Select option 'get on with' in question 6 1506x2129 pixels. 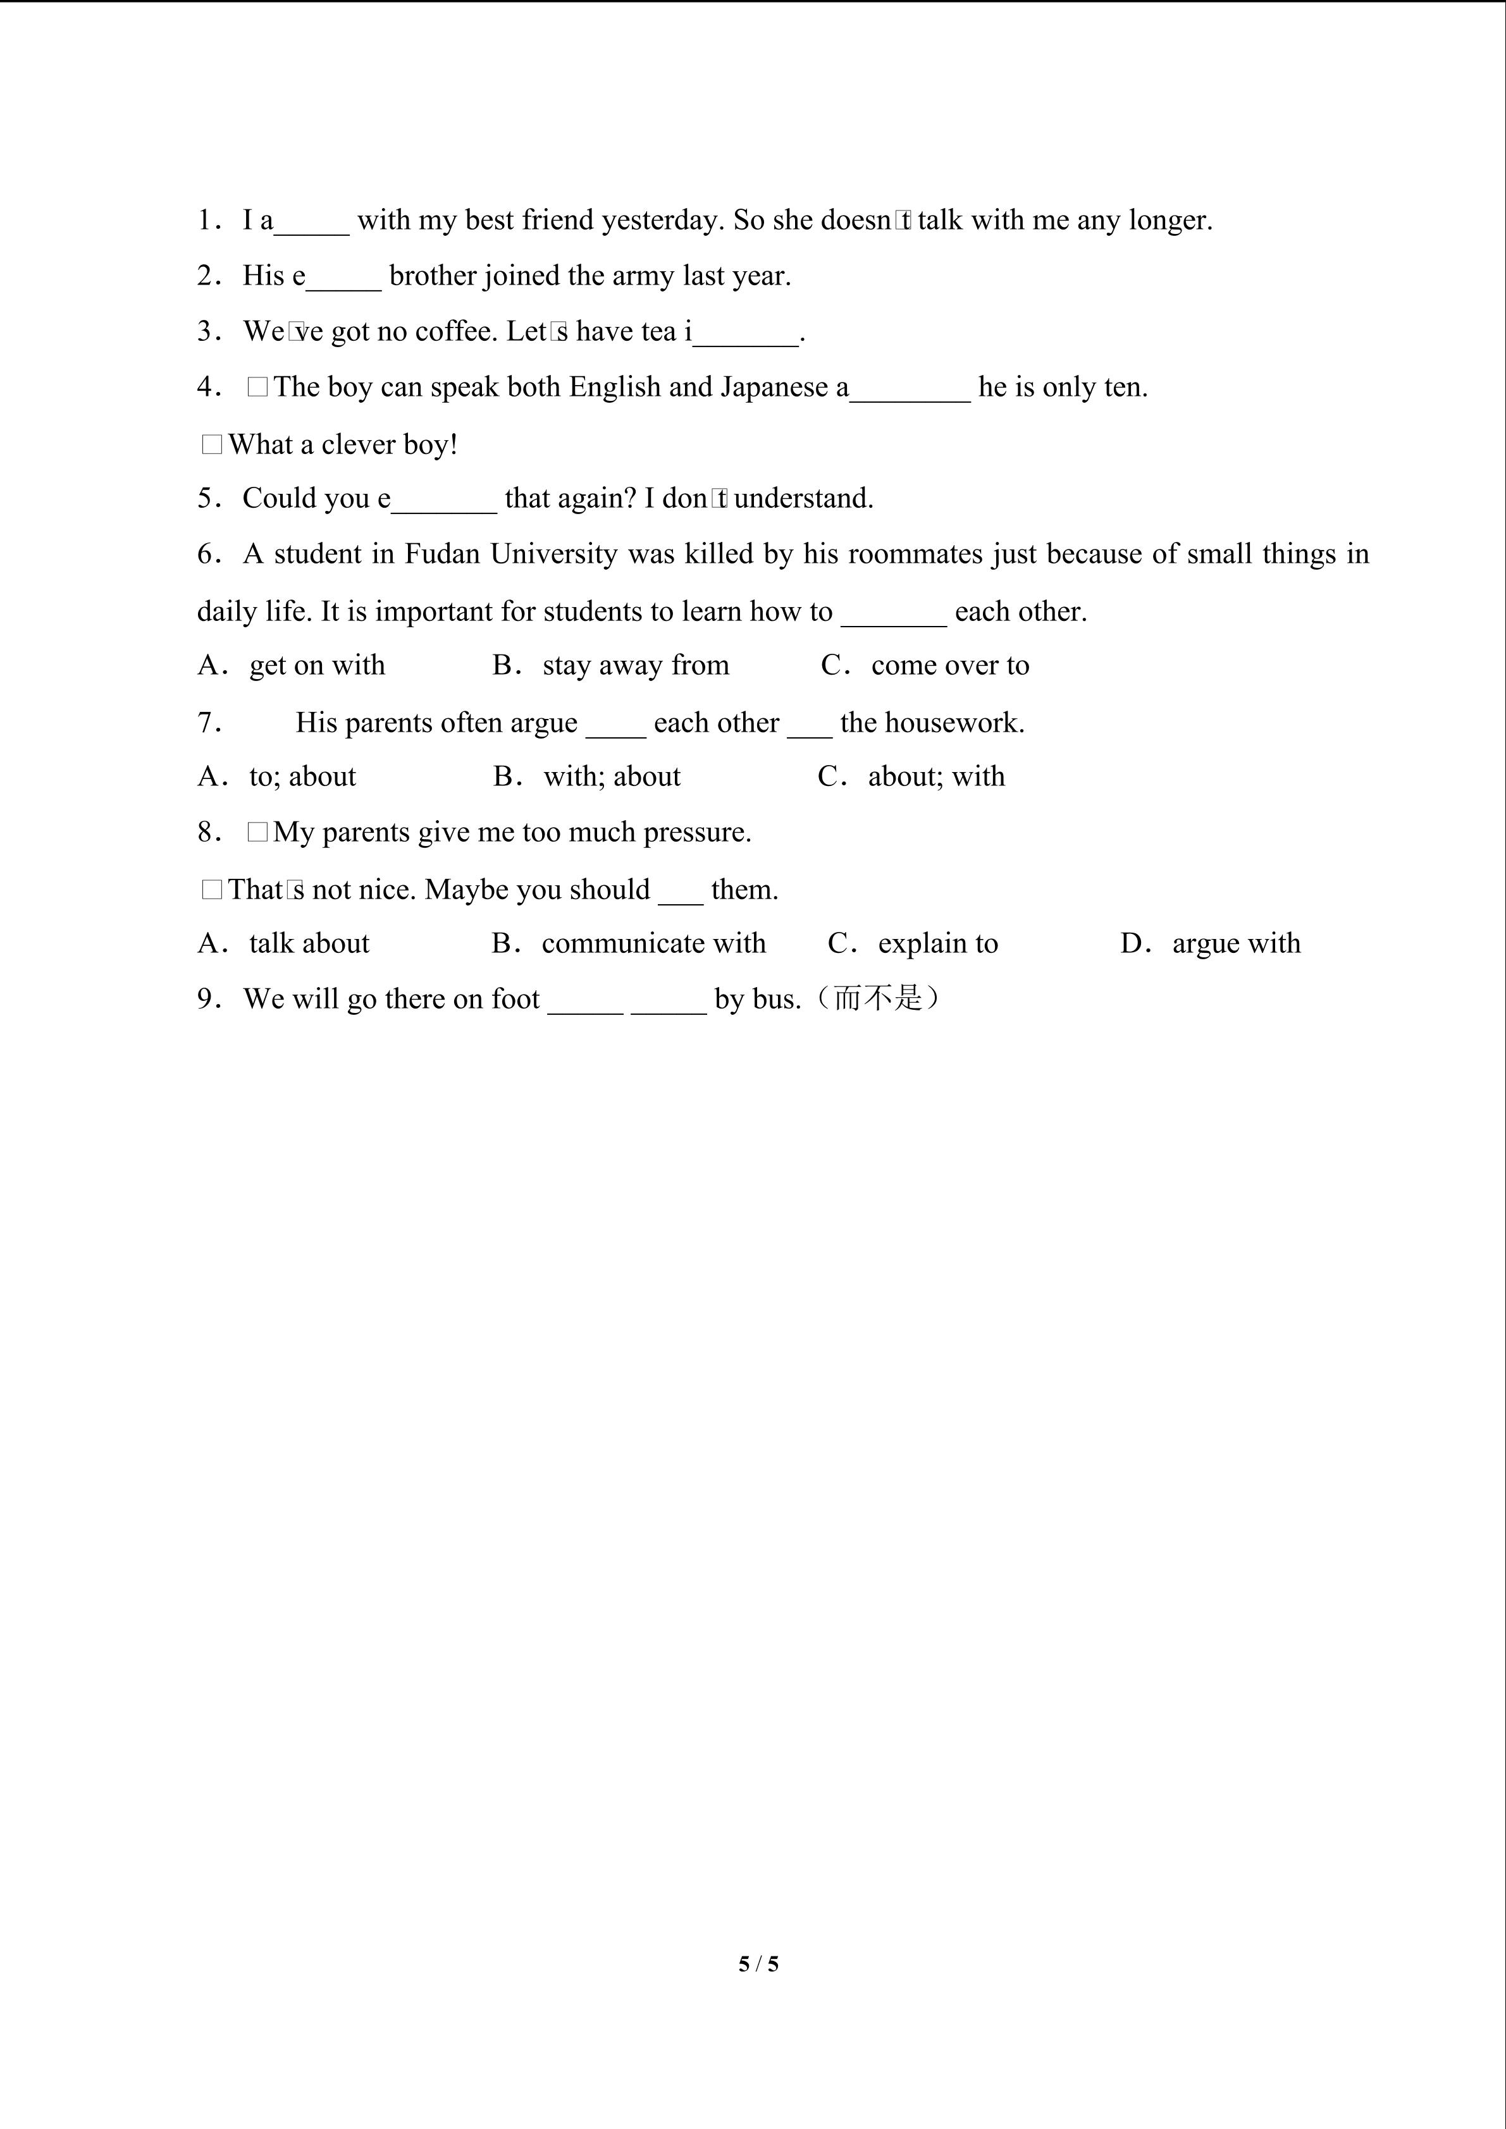[316, 666]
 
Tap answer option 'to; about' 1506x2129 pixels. [302, 777]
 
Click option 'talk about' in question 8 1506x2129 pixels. [309, 944]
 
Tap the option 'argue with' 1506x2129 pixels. [1235, 944]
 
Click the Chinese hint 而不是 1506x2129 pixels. [877, 998]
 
